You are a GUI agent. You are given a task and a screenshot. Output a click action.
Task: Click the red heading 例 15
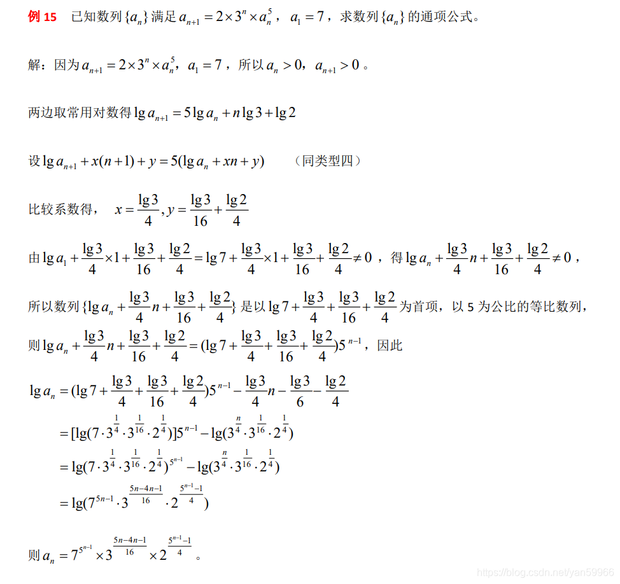[x=43, y=17]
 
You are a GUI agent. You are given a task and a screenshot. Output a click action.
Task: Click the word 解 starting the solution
[x=34, y=65]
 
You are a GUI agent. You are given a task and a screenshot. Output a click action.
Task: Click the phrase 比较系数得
[x=60, y=209]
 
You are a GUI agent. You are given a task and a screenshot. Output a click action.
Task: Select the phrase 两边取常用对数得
[x=80, y=113]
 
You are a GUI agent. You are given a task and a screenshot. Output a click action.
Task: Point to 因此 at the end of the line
[x=390, y=345]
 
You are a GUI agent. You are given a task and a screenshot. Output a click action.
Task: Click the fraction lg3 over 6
[x=300, y=391]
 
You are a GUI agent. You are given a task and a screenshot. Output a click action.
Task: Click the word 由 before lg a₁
[x=34, y=258]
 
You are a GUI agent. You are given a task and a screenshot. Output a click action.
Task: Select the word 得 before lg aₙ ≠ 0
[x=397, y=258]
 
